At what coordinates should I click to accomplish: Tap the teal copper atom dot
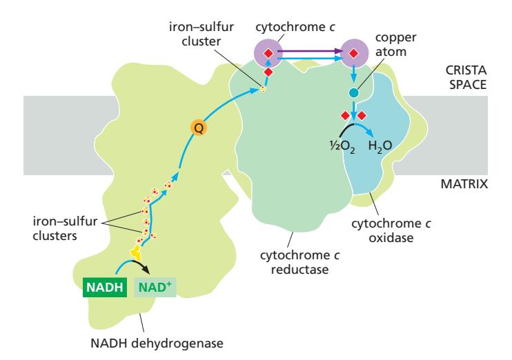pyautogui.click(x=354, y=92)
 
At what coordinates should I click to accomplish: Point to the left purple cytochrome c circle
pyautogui.click(x=268, y=52)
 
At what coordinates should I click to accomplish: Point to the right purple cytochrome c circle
pyautogui.click(x=353, y=52)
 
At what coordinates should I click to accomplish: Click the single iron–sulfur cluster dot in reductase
pyautogui.click(x=263, y=88)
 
